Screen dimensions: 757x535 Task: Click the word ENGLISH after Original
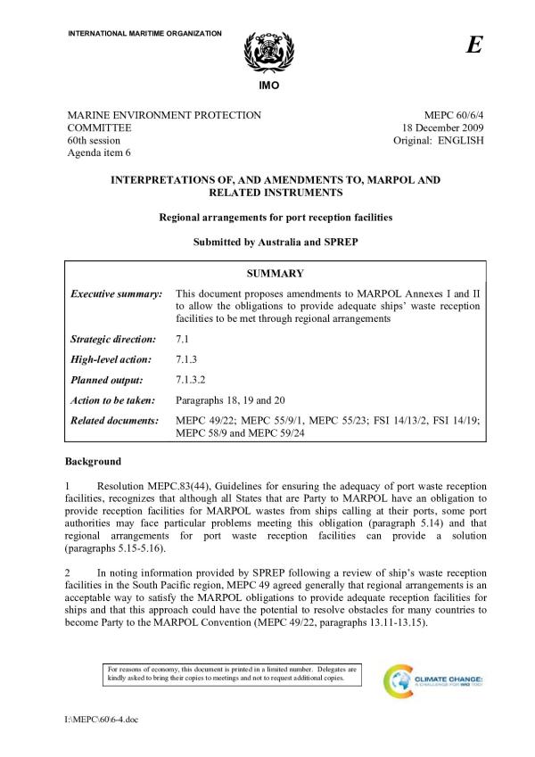click(x=459, y=142)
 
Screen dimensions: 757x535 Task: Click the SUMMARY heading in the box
click(x=276, y=274)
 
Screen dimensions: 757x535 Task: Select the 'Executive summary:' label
click(x=115, y=293)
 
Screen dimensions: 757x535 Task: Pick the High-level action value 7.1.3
click(x=187, y=359)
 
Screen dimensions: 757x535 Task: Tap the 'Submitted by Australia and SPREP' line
click(x=275, y=242)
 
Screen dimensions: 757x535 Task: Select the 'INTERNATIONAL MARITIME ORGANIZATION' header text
click(x=144, y=33)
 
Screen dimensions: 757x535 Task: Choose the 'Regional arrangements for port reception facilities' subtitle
click(x=275, y=217)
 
